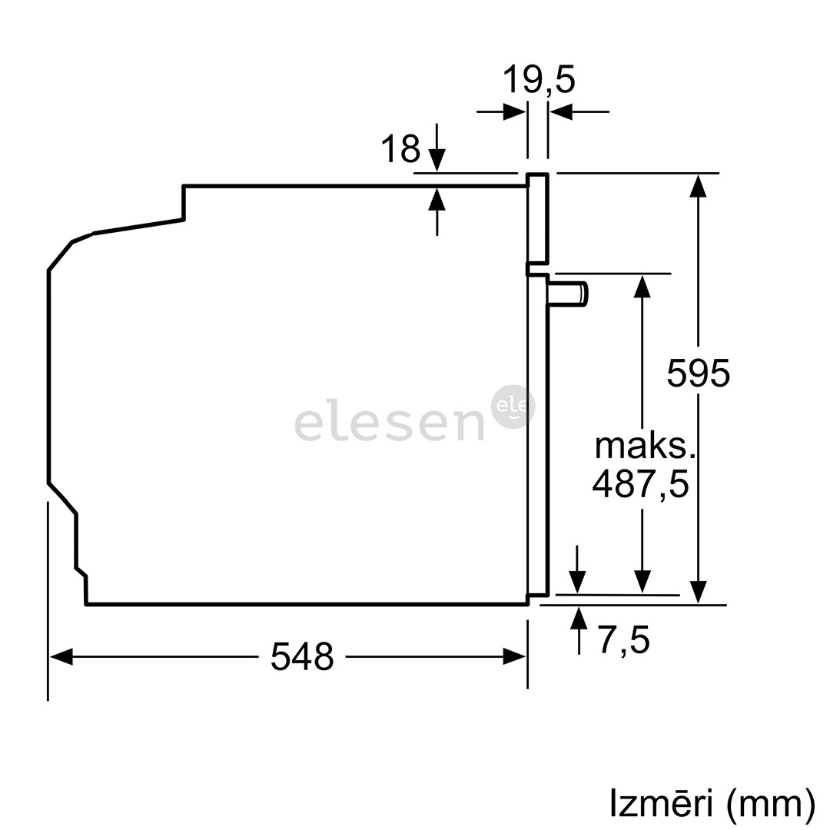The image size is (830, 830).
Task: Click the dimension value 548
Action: [302, 657]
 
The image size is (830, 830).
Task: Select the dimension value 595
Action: [698, 373]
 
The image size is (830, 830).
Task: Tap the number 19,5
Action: [539, 79]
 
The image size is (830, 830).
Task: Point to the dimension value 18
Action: [400, 149]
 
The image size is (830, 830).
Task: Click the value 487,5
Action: [640, 484]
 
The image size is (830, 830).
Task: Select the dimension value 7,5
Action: [624, 640]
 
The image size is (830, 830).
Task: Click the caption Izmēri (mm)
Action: [712, 803]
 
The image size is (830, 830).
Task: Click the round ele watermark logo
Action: [513, 406]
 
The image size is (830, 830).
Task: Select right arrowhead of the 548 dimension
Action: [514, 657]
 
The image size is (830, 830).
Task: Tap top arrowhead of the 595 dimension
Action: [698, 186]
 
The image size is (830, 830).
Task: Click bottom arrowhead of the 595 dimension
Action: [698, 592]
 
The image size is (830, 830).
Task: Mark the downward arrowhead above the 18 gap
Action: [437, 160]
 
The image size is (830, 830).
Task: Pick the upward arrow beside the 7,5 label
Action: [579, 619]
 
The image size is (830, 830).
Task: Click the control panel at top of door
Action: [537, 219]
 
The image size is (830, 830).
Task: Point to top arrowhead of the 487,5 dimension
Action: [642, 286]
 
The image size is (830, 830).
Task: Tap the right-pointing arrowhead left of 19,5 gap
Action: [514, 112]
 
